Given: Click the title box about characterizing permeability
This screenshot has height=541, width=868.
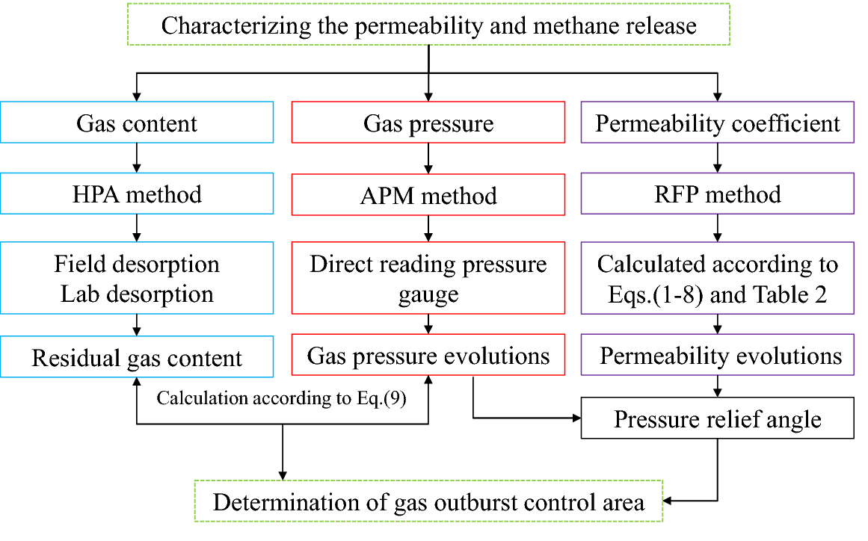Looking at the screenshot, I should (x=428, y=26).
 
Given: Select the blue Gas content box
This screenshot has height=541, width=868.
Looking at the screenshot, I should (x=137, y=123).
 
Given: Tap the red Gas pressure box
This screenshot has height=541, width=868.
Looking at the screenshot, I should (x=428, y=123).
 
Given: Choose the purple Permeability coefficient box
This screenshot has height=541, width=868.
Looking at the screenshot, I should (x=718, y=123).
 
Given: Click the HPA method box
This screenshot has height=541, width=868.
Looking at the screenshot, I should (x=137, y=195).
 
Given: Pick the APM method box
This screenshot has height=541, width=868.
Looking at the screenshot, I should (x=428, y=196).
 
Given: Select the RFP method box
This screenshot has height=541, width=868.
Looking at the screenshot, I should (x=718, y=195).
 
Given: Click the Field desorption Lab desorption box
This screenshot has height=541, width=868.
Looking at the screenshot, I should (x=137, y=278).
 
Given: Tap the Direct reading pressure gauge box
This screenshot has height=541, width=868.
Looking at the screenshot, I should (x=428, y=278).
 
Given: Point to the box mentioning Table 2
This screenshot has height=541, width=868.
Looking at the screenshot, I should (x=718, y=278).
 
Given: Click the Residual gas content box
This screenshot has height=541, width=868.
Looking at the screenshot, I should (x=137, y=357).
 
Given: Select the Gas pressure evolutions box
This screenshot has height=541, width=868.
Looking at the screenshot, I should (x=428, y=356).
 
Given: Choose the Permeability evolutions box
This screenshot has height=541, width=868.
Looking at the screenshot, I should (x=718, y=356).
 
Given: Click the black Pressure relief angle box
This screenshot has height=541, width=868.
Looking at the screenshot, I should (x=718, y=418).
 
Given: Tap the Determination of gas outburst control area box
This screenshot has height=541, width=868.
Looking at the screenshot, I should (x=428, y=501).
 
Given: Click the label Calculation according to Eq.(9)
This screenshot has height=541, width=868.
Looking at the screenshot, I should (x=281, y=398).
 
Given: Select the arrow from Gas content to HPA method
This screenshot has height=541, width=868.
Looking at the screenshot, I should (x=137, y=158).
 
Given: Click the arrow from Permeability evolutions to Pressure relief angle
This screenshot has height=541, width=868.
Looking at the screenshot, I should (x=718, y=386).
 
